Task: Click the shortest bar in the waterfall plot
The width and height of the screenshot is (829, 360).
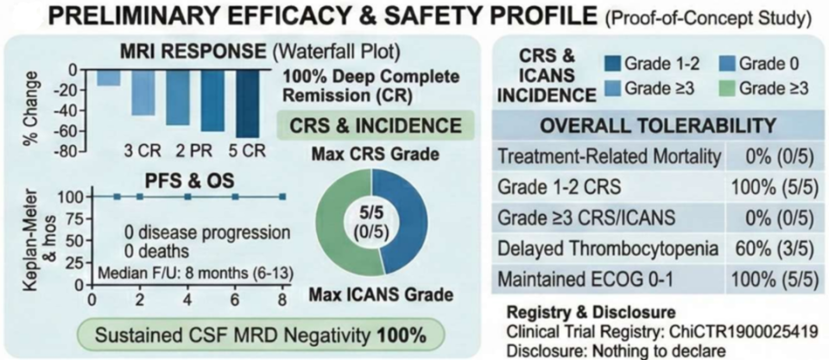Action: pyautogui.click(x=109, y=79)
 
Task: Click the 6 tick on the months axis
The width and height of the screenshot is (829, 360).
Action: pyautogui.click(x=235, y=300)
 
